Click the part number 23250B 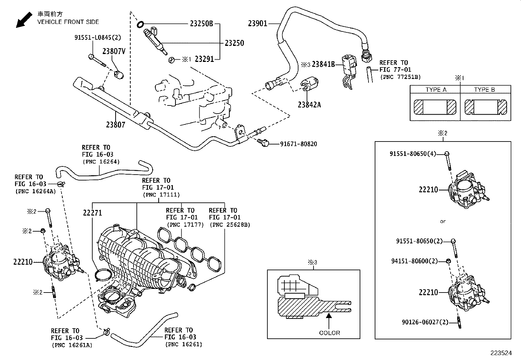click(201, 24)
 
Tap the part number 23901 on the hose click(258, 23)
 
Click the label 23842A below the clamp click(309, 105)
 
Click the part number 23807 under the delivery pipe click(115, 124)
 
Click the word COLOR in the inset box click(330, 333)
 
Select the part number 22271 click(92, 213)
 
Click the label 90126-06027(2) click(424, 322)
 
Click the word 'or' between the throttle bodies click(443, 221)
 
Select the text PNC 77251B click(400, 77)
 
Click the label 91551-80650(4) click(413, 154)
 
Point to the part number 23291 click(204, 59)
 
